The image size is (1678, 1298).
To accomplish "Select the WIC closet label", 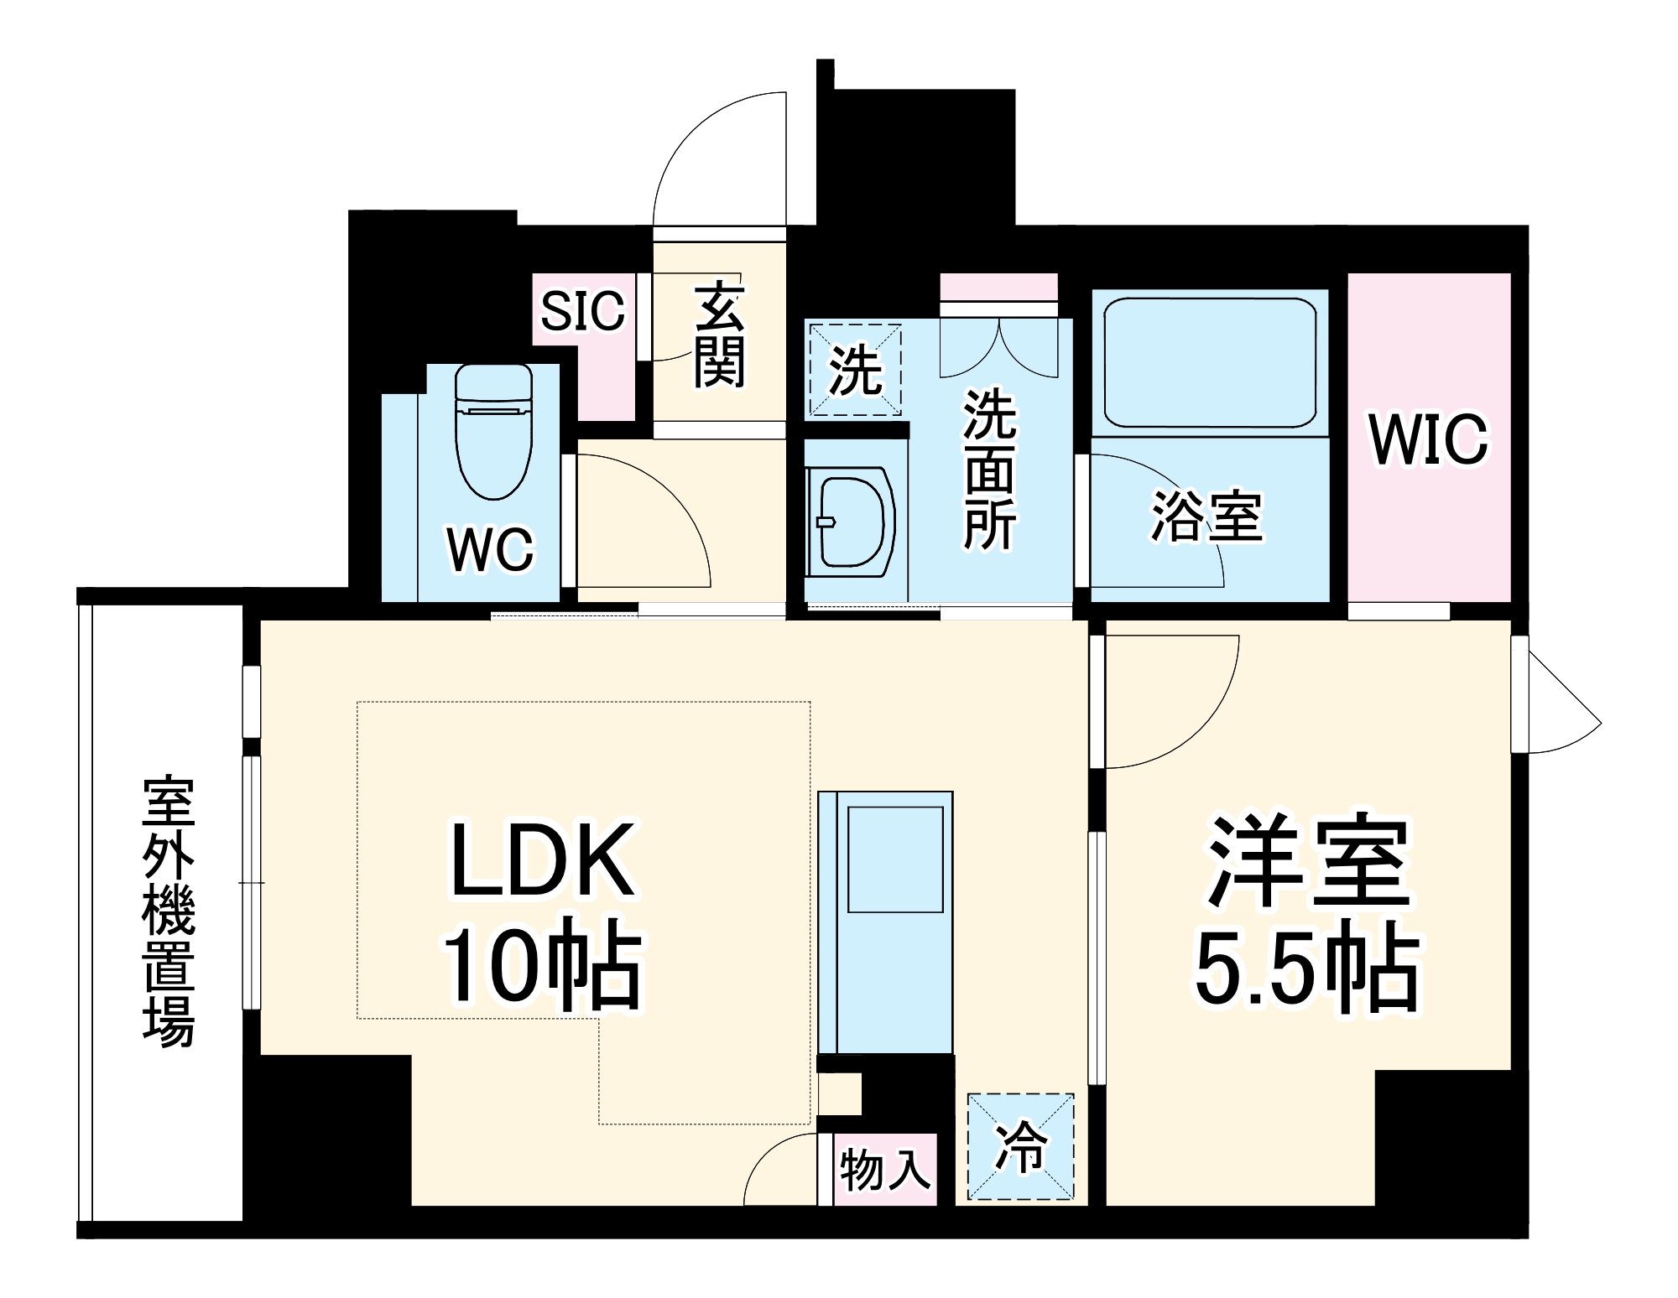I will tap(1428, 439).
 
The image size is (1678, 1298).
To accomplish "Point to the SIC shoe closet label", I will tap(582, 311).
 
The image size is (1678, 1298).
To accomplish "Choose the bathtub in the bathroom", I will tap(1209, 362).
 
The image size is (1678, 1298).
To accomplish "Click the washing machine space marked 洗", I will tap(854, 371).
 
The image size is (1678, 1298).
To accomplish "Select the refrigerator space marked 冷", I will tap(1020, 1146).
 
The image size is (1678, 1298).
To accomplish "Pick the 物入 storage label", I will tap(885, 1170).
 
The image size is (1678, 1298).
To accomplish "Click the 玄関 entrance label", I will tap(719, 335).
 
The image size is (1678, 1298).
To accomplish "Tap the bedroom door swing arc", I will tap(1175, 704).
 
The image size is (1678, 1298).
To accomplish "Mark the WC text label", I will tap(490, 550).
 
